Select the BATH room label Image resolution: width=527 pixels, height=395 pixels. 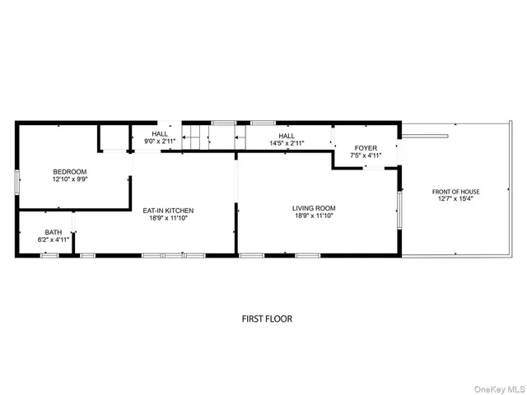coord(54,233)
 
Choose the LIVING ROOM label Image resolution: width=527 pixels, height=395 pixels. coord(314,208)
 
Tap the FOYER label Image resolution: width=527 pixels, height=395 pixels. coord(366,147)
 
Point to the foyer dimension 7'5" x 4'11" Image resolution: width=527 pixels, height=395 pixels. coord(366,156)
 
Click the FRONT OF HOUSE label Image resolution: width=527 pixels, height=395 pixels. coord(455,192)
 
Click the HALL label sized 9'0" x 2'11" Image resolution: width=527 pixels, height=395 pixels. coord(161,134)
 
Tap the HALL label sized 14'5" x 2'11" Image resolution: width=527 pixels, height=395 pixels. coord(287,136)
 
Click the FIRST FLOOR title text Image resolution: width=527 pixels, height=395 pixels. coord(266,318)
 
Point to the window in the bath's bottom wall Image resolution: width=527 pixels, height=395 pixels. coord(49,256)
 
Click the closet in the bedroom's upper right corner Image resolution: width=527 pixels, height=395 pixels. coord(114,137)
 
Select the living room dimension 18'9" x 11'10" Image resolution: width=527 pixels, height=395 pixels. coord(314,217)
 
